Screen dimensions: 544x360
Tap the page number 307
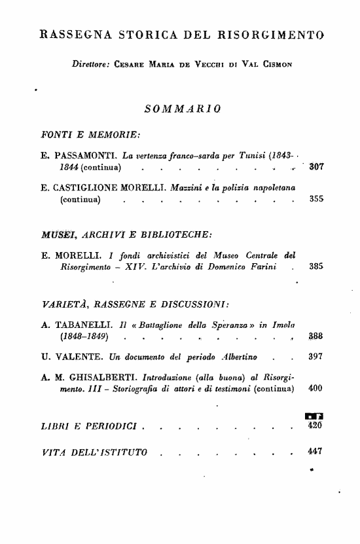pyautogui.click(x=317, y=167)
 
